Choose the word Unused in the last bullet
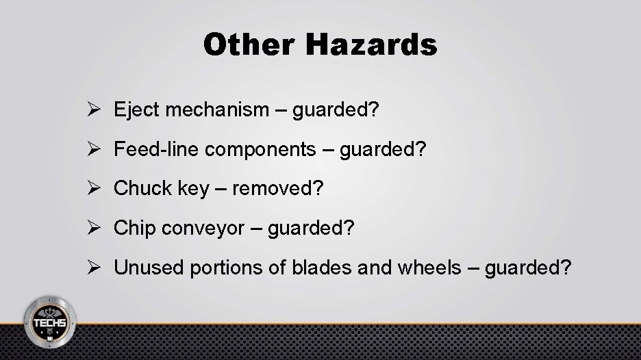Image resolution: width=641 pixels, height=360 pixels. [142, 267]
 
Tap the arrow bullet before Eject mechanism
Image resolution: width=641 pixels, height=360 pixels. [97, 110]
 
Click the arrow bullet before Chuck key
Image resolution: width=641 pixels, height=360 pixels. [97, 188]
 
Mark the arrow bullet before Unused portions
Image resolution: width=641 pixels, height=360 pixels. [97, 268]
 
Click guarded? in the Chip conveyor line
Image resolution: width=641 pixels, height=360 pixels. [312, 228]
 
